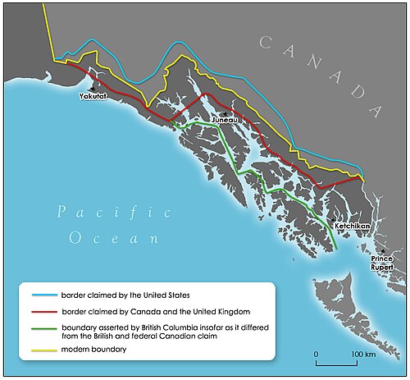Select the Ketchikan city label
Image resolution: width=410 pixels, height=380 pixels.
click(x=353, y=224)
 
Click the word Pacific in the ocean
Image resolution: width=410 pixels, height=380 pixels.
click(x=114, y=213)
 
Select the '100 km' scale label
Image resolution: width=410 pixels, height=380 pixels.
click(x=365, y=354)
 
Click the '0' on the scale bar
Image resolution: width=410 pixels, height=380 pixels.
click(x=317, y=354)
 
